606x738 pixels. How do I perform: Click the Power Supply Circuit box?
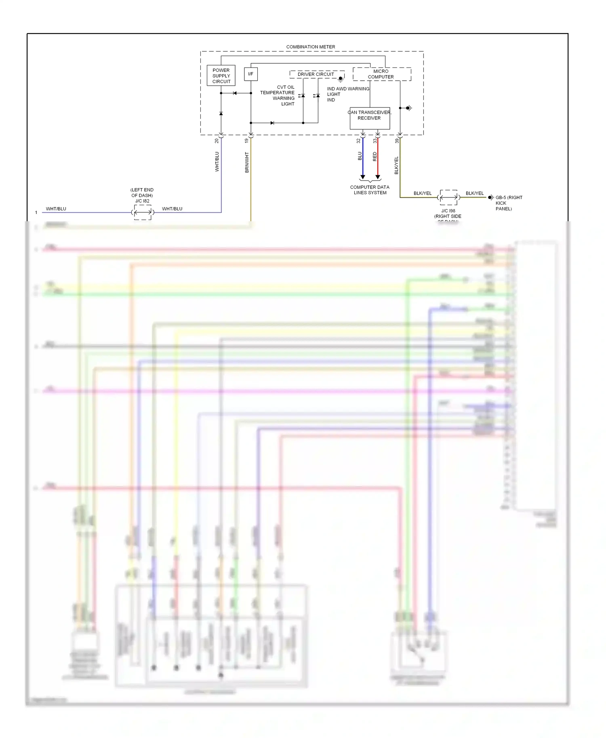pos(221,75)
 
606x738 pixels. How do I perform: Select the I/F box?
pos(250,74)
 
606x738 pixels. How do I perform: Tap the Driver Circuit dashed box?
pos(316,74)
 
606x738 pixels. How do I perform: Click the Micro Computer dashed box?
pos(381,74)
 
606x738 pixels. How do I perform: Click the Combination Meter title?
pos(311,47)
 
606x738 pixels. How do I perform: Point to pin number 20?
pos(217,140)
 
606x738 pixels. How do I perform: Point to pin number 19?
pos(246,140)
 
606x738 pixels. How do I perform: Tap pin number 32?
pos(358,140)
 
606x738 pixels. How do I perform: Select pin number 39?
pos(397,140)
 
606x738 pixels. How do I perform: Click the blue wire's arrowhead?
pos(363,177)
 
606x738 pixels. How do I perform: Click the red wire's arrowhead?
pos(378,177)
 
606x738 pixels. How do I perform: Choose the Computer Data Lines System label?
pos(370,190)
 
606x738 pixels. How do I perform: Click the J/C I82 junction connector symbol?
pos(143,212)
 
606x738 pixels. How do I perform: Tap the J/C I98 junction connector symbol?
pos(448,197)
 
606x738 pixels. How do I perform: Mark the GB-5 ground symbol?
pos(490,197)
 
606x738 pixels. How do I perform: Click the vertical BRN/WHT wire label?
pos(247,162)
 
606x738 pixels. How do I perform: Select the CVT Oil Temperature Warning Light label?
pos(278,95)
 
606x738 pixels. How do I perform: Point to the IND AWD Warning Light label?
pos(347,94)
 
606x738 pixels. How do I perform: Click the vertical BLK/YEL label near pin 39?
pos(396,165)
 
